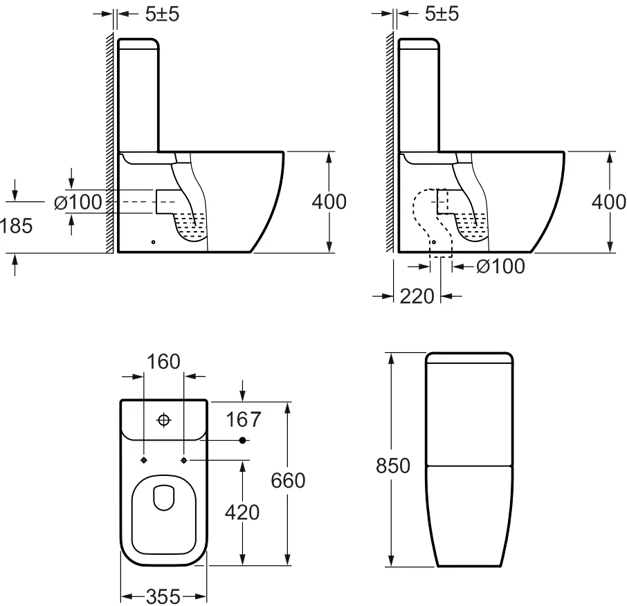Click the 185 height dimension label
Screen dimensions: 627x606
(x=16, y=226)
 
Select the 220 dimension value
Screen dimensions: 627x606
(x=417, y=297)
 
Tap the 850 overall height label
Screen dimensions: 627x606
(x=392, y=466)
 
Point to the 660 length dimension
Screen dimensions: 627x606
(x=288, y=481)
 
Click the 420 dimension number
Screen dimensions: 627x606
(x=242, y=513)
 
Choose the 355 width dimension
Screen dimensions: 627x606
(x=163, y=597)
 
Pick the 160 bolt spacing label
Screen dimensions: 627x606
(x=163, y=362)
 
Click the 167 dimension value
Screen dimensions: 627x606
(x=243, y=419)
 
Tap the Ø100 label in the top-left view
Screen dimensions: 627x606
(x=78, y=202)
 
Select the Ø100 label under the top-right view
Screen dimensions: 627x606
(x=500, y=266)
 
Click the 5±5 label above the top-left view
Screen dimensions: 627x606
(x=162, y=15)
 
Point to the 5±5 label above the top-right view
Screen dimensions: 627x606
(x=442, y=14)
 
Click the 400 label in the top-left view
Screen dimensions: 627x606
(x=329, y=202)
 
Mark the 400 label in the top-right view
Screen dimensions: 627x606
(x=609, y=202)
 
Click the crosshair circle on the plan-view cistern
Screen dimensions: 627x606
(x=163, y=420)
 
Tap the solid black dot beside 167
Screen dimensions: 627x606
(x=242, y=440)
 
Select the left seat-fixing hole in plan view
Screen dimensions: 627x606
(x=144, y=461)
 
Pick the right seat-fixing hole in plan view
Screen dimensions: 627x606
(x=184, y=461)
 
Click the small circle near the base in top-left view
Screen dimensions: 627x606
(x=154, y=242)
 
